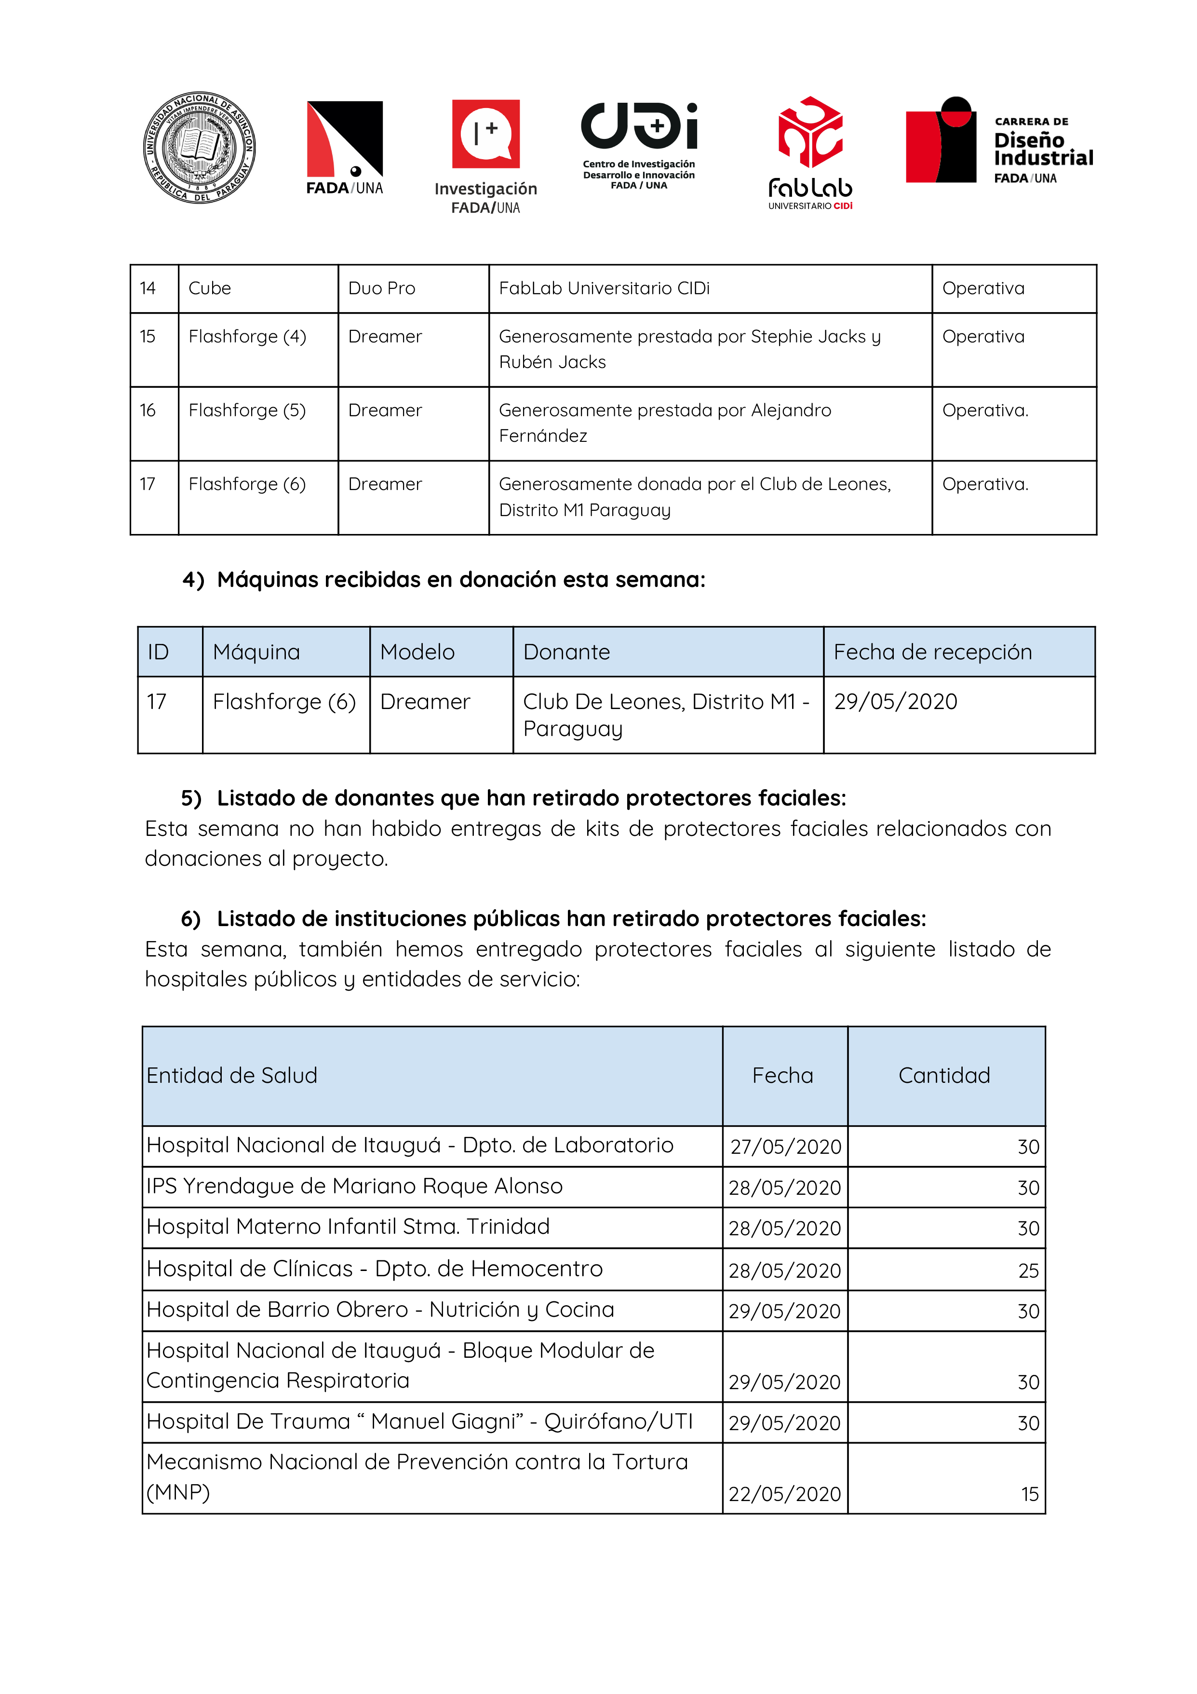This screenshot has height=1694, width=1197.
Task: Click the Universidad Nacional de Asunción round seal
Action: pyautogui.click(x=199, y=148)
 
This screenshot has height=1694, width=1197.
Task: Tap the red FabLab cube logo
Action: pyautogui.click(x=810, y=132)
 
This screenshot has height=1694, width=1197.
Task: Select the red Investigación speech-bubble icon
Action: pyautogui.click(x=485, y=134)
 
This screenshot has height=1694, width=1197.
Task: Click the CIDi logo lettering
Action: pyautogui.click(x=639, y=125)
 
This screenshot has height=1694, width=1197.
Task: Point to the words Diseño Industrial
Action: pyautogui.click(x=1042, y=149)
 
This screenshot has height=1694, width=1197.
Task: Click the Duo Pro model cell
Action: pyautogui.click(x=382, y=288)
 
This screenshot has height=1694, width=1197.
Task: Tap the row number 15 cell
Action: pyautogui.click(x=148, y=337)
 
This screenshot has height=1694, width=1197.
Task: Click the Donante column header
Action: pyautogui.click(x=566, y=652)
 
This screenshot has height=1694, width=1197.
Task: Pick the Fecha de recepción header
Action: pyautogui.click(x=932, y=652)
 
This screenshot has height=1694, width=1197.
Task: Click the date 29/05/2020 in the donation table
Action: pyautogui.click(x=895, y=702)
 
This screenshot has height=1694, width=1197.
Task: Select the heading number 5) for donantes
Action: pyautogui.click(x=191, y=798)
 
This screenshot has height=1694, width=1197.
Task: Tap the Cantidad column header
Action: pyautogui.click(x=944, y=1076)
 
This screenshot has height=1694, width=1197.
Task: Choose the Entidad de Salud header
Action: pyautogui.click(x=231, y=1076)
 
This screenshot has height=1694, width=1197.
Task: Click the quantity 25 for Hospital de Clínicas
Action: pyautogui.click(x=1028, y=1270)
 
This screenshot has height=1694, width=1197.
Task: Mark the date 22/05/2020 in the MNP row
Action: pyautogui.click(x=785, y=1494)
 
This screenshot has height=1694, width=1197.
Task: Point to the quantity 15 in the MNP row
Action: pyautogui.click(x=1030, y=1494)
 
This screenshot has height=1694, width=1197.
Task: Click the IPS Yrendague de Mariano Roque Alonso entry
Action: pyautogui.click(x=354, y=1187)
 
